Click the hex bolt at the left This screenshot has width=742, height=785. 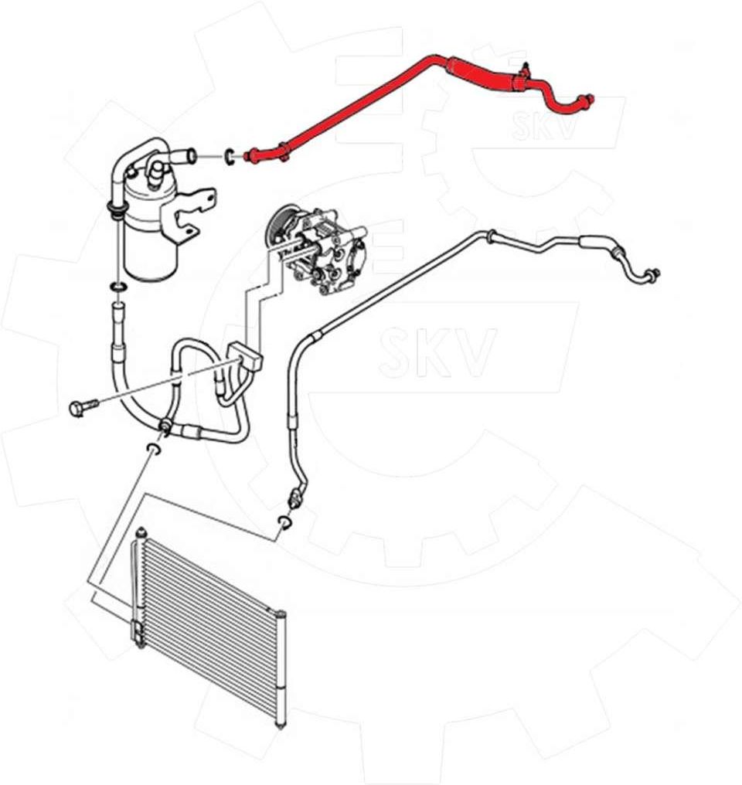click(83, 408)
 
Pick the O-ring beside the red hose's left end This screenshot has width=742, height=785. click(230, 156)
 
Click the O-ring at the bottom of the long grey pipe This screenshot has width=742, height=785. click(284, 522)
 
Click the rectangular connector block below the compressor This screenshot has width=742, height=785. click(247, 356)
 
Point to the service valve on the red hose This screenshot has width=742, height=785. click(524, 71)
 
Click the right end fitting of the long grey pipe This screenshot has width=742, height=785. click(652, 274)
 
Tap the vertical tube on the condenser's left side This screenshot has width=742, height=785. click(137, 586)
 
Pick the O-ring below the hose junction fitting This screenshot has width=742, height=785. click(154, 449)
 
